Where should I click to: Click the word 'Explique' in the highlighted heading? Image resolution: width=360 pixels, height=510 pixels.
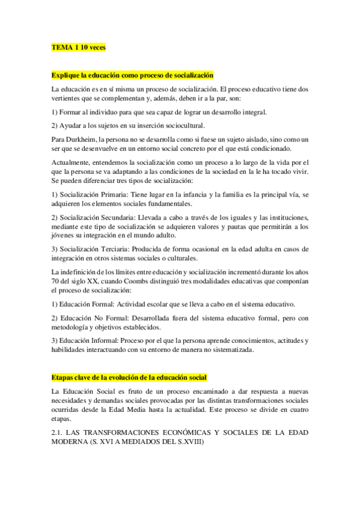(x=66, y=75)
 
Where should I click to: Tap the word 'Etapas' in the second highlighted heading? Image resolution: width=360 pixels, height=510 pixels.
(x=63, y=377)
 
